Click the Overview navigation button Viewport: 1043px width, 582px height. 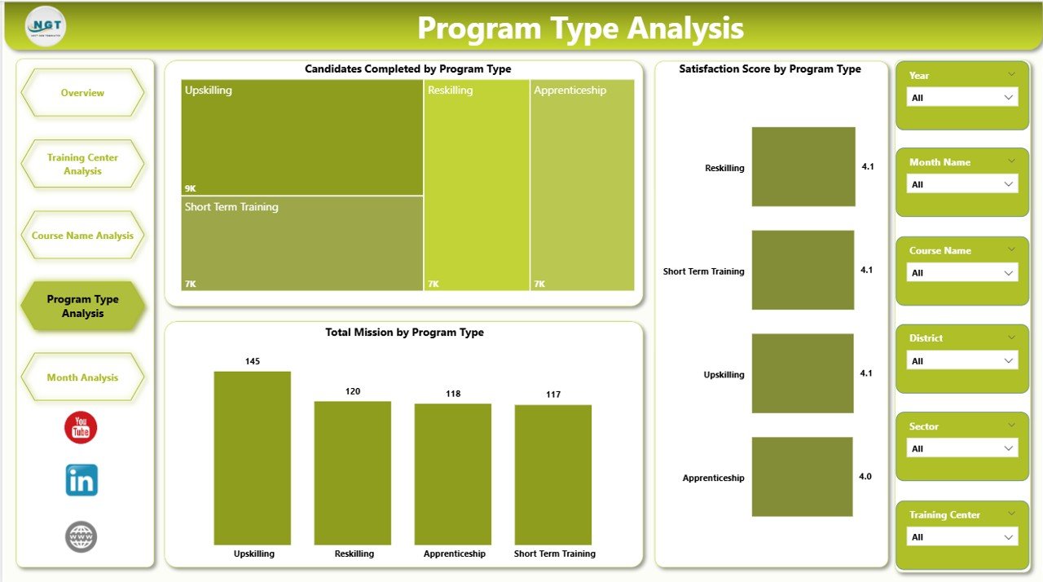coord(82,93)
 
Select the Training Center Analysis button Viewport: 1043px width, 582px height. coord(82,164)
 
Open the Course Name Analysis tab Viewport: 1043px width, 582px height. coord(82,236)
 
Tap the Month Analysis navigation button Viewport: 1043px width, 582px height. coord(82,377)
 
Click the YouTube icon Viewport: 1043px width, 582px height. coord(81,427)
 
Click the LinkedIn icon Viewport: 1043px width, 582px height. coord(81,480)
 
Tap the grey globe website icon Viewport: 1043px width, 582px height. coord(81,537)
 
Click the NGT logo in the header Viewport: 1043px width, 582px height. coord(46,27)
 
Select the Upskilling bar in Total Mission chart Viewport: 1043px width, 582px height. coord(252,457)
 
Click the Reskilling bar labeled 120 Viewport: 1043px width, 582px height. coord(352,473)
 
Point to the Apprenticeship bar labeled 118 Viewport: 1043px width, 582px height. coord(452,474)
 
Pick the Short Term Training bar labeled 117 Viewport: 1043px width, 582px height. coord(552,474)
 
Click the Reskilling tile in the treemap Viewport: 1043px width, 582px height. coord(476,185)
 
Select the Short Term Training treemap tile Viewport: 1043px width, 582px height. coord(301,243)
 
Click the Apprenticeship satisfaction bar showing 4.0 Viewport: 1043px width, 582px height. coord(802,477)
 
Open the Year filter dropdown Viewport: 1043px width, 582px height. coord(962,98)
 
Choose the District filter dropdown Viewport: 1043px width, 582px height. coord(962,360)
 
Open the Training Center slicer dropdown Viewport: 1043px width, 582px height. coord(962,537)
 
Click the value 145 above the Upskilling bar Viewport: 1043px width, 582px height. coord(253,361)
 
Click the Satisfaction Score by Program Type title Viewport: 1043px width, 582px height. coord(770,69)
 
